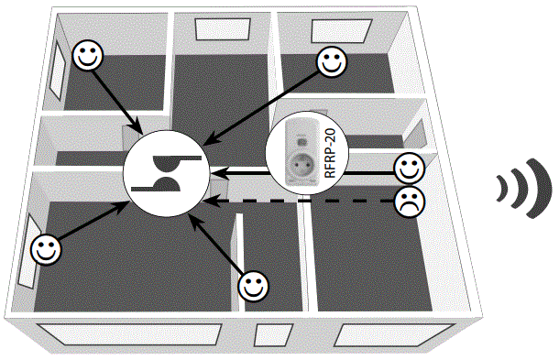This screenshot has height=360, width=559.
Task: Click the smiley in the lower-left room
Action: click(44, 247)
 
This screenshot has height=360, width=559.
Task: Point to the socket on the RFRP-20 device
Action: click(302, 168)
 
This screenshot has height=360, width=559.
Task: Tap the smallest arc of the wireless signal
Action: click(500, 189)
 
